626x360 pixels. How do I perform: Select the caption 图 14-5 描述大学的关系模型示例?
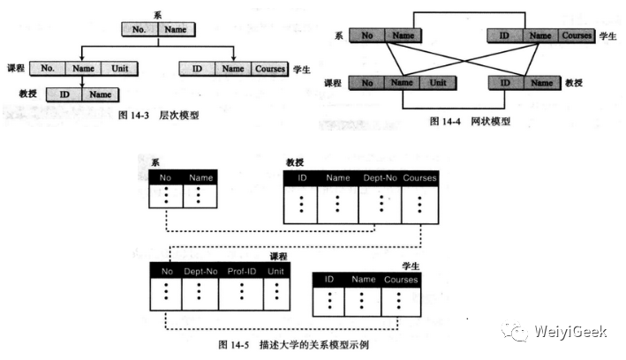(288, 345)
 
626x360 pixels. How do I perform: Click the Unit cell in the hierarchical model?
(118, 67)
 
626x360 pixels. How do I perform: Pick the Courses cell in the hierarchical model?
(268, 67)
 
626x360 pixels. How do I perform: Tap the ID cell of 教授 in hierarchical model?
(64, 94)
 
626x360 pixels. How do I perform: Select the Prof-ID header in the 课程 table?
(242, 272)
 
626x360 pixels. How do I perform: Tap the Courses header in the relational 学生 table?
(401, 280)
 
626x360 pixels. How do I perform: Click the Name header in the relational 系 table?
(200, 177)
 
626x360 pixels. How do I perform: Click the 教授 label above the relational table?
(296, 162)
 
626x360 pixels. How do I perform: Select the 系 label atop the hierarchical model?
(156, 15)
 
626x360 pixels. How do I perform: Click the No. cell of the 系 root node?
(140, 29)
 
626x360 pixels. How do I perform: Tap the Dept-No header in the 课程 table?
(200, 272)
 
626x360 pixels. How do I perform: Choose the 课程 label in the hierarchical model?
(14, 68)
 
